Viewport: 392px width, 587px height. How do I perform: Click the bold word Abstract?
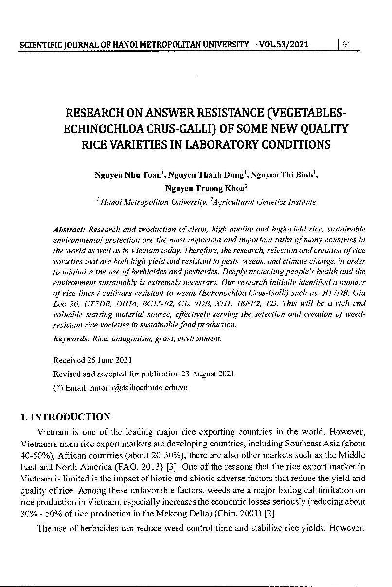[x=70, y=229]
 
